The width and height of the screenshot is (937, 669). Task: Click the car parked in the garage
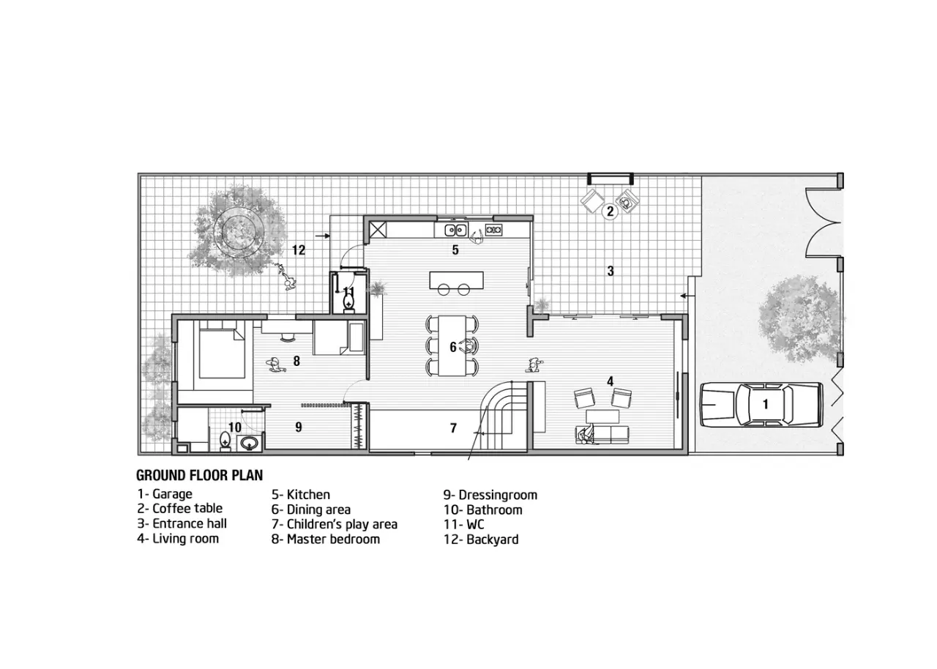(x=761, y=404)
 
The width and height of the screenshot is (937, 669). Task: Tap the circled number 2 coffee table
(x=610, y=211)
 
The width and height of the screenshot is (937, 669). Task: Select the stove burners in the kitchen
(x=493, y=229)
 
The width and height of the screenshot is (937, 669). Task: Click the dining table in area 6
(x=452, y=345)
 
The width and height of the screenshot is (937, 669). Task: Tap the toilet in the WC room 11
(x=348, y=302)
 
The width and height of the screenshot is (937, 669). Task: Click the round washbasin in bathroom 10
(x=250, y=443)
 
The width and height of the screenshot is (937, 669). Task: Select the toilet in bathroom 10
(x=225, y=441)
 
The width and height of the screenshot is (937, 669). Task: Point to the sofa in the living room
(x=602, y=435)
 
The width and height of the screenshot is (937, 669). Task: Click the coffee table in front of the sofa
(x=602, y=416)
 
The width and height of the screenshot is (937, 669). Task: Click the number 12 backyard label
(x=298, y=250)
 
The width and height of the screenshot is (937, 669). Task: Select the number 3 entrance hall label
(x=611, y=271)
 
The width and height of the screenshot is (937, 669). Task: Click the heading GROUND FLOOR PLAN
(x=200, y=476)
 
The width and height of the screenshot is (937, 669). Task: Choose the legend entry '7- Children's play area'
(x=335, y=524)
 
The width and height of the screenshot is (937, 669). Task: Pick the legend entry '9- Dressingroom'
(x=490, y=495)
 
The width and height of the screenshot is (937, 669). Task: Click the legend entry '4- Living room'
(x=178, y=539)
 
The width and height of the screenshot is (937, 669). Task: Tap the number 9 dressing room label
(x=298, y=427)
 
